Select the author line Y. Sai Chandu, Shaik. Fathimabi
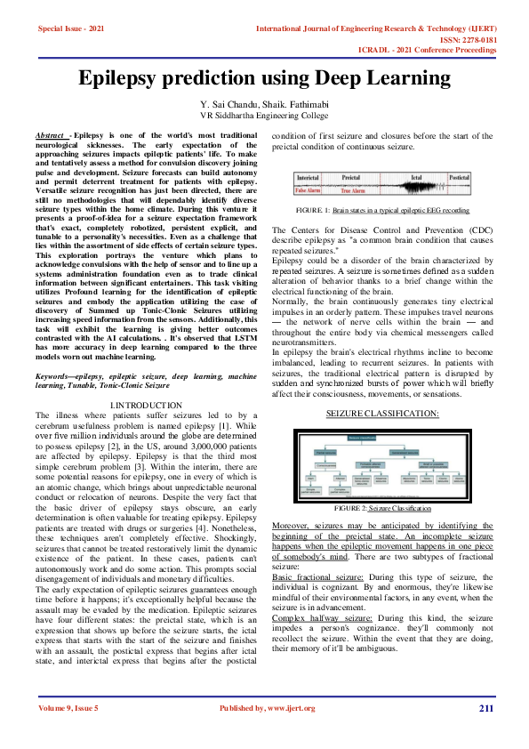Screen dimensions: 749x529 265,105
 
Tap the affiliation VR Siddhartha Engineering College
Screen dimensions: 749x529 264,116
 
